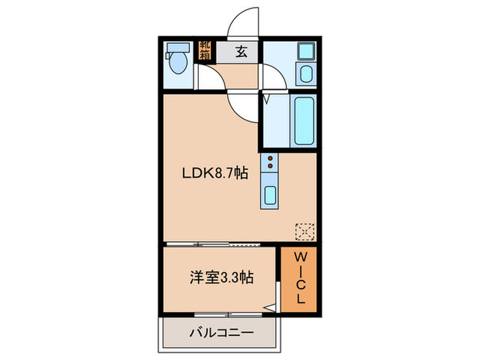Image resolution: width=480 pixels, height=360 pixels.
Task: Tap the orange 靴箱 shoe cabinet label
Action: (x=205, y=51)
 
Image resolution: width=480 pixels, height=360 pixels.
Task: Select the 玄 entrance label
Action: (x=242, y=52)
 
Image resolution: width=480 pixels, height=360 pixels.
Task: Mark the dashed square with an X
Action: (x=302, y=230)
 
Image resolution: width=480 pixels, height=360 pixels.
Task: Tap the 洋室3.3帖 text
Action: (x=221, y=278)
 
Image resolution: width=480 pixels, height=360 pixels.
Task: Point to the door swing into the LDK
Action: (x=243, y=106)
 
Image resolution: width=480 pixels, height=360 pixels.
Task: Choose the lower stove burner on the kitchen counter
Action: (x=270, y=166)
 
